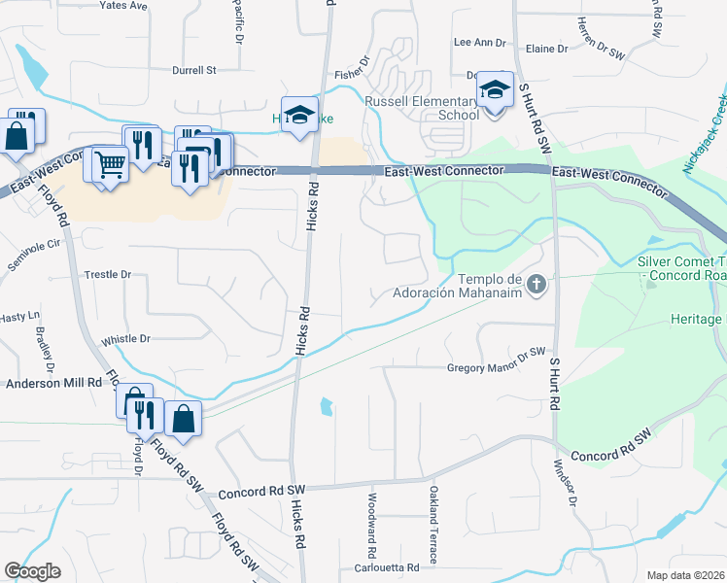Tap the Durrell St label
point(193,70)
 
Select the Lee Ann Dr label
point(480,43)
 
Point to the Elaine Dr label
point(545,49)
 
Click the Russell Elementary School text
point(422,108)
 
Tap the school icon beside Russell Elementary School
point(495,91)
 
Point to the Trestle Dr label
point(107,275)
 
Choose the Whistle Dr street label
point(125,339)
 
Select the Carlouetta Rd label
point(386,567)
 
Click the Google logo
point(32,571)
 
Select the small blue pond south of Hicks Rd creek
point(327,406)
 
